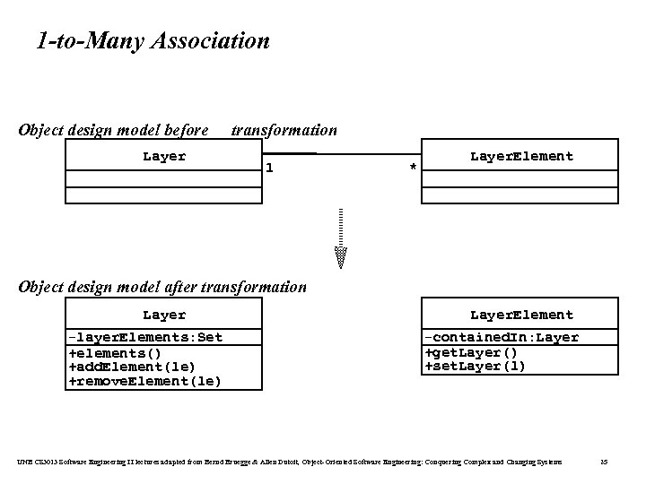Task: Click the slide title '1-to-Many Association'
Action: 153,40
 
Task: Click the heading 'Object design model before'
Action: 113,130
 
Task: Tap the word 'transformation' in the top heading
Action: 284,130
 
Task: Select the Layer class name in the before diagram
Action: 164,157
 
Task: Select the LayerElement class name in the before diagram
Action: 521,157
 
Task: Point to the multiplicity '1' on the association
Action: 270,168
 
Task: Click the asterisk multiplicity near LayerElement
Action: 412,169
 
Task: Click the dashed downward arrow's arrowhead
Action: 341,257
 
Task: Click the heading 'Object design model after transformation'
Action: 162,287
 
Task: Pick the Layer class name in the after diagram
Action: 164,315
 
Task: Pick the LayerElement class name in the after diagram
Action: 521,315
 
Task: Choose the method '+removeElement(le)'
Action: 144,381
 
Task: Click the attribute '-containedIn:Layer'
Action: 502,337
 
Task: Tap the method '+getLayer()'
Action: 471,352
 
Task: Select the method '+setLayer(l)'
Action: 475,367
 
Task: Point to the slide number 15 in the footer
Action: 604,461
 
